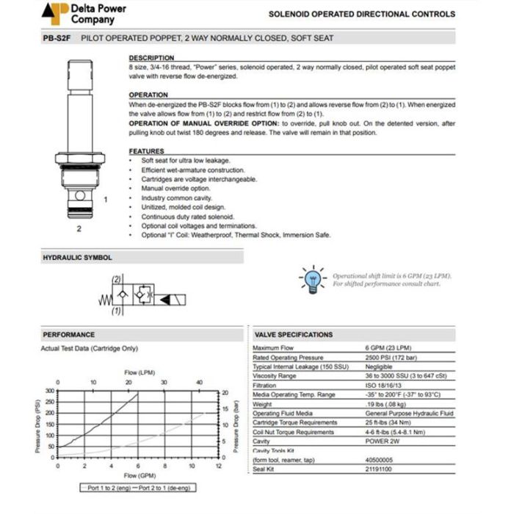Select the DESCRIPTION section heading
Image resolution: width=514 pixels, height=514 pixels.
(151, 57)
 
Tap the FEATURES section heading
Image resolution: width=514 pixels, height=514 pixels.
(147, 151)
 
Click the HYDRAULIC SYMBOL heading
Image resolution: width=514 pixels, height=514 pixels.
(78, 258)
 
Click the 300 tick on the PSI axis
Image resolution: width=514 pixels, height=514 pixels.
(50, 391)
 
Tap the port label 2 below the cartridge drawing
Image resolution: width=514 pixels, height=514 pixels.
(79, 228)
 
